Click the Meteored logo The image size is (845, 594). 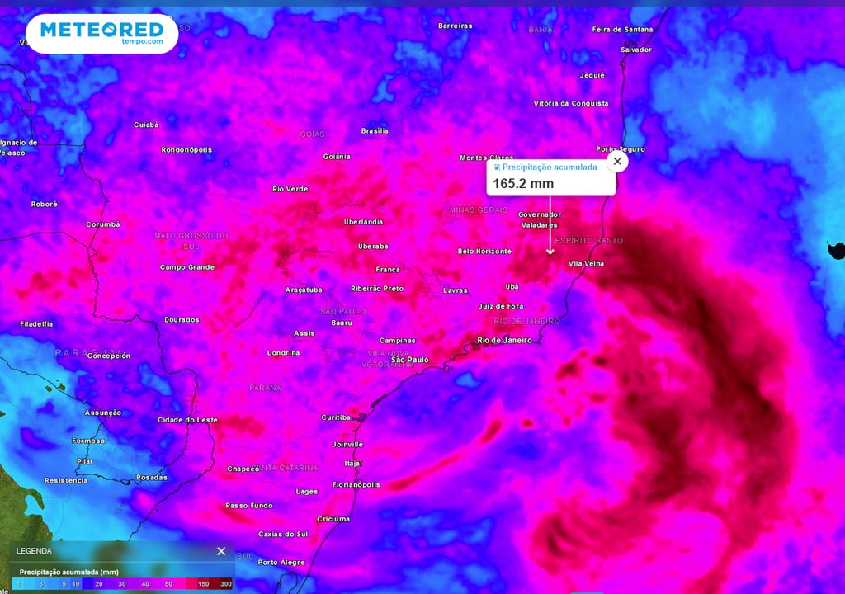click(x=101, y=33)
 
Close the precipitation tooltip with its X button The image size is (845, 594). click(x=617, y=162)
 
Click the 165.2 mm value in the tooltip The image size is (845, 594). click(x=523, y=183)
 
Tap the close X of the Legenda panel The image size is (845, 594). click(x=221, y=551)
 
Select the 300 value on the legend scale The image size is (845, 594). click(x=225, y=584)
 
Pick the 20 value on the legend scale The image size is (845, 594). click(x=98, y=584)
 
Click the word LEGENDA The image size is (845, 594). click(x=34, y=551)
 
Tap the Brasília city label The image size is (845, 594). click(x=375, y=131)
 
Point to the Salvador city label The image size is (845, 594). click(x=636, y=49)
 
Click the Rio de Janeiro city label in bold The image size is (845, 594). click(x=505, y=340)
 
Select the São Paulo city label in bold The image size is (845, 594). click(x=410, y=360)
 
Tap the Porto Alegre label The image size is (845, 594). click(x=281, y=563)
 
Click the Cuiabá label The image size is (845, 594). click(x=146, y=125)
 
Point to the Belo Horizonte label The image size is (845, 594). click(x=484, y=252)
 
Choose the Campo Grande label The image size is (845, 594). click(x=187, y=267)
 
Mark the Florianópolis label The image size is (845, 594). click(x=356, y=485)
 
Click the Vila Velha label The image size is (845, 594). click(x=586, y=264)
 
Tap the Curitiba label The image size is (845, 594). click(x=336, y=417)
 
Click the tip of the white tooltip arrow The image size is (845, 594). click(x=550, y=253)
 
